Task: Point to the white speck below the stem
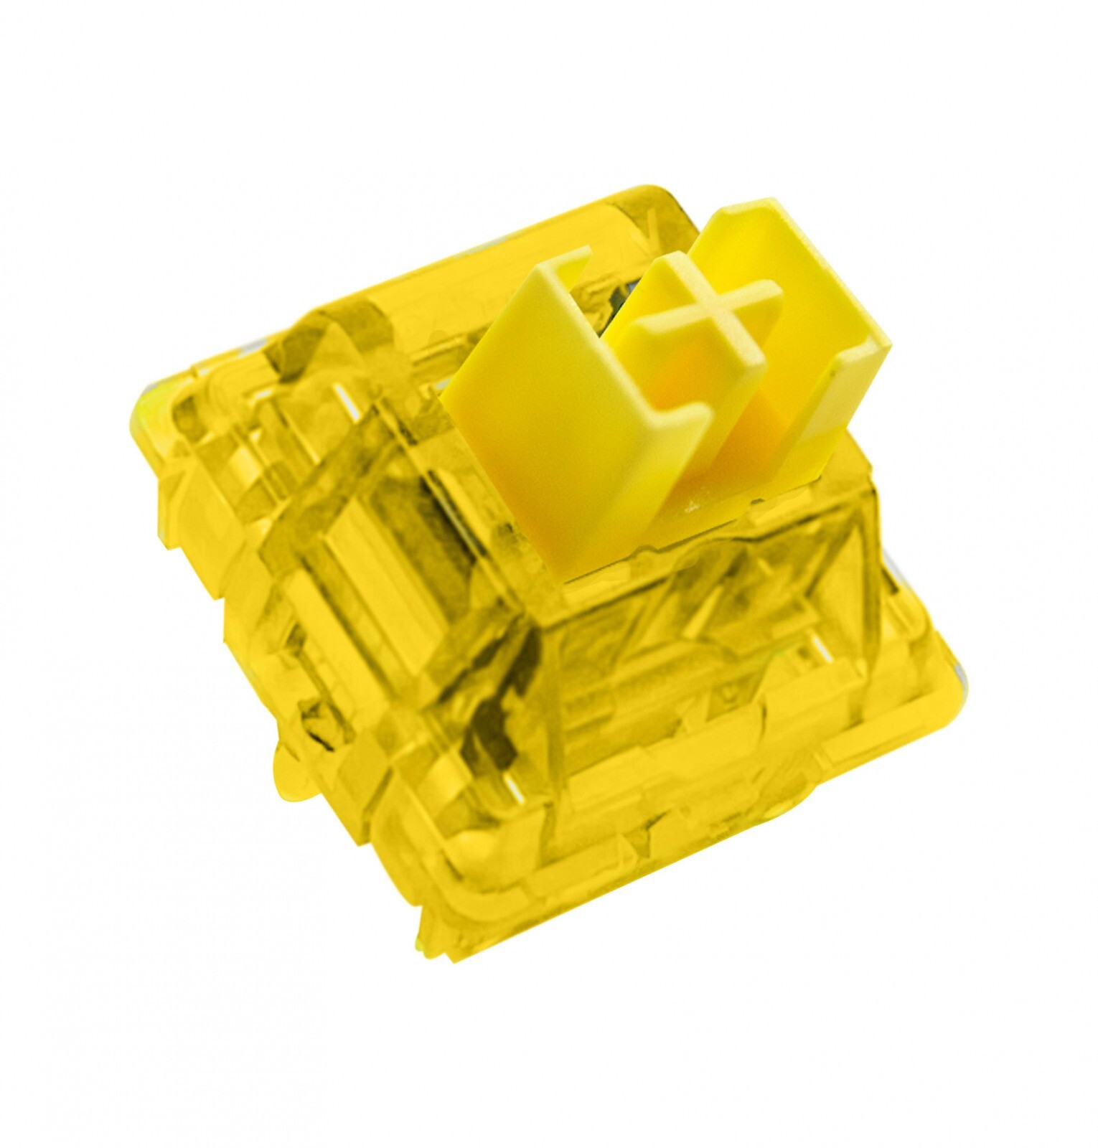click(x=692, y=507)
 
